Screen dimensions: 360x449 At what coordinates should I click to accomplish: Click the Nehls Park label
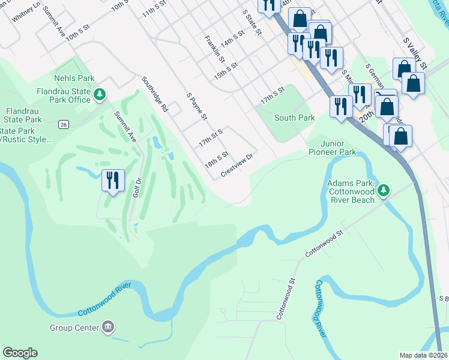point(74,78)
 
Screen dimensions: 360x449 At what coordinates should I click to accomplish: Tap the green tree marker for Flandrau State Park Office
point(100,95)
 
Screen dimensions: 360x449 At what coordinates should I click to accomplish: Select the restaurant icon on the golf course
point(112,179)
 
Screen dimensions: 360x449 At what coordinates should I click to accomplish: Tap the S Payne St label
point(197,106)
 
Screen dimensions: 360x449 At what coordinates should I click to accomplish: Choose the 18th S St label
point(217,159)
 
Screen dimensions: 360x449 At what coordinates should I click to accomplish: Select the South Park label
point(294,118)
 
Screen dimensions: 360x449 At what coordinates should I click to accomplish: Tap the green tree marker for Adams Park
point(382,191)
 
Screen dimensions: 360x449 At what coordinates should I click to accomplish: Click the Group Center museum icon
point(108,327)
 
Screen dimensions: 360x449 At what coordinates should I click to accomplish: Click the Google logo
point(20,353)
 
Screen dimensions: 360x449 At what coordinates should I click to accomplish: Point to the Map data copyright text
point(423,355)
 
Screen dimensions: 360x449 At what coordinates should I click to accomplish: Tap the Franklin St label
point(214,50)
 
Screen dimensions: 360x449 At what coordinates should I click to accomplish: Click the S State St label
point(252,22)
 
